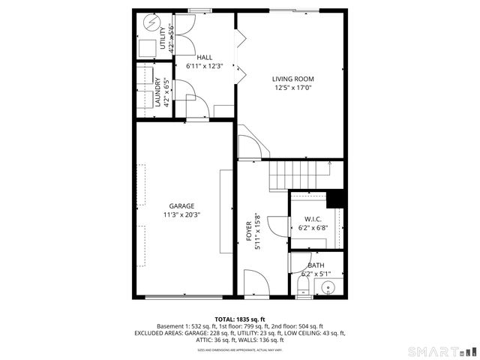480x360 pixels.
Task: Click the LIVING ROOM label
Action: (x=292, y=79)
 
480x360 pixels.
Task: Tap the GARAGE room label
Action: (x=181, y=205)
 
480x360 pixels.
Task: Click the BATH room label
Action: (x=316, y=265)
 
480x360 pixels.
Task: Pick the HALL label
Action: (x=204, y=57)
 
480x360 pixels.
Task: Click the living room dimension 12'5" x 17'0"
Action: (x=292, y=88)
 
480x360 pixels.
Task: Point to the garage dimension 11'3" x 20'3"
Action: (x=181, y=214)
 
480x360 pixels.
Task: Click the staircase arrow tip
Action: (x=329, y=162)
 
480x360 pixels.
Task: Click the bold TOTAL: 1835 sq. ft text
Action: (x=240, y=319)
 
